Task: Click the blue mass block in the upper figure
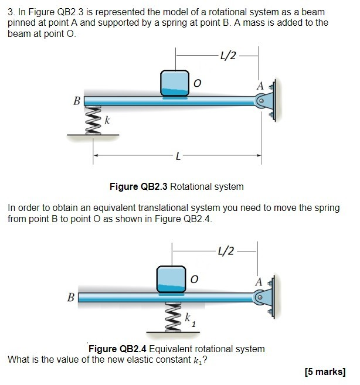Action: [x=175, y=83]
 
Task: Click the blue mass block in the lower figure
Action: [x=171, y=279]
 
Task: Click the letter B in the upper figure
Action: [x=76, y=101]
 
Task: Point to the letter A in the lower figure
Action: [x=259, y=282]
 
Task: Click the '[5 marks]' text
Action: [x=325, y=371]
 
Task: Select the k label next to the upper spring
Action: [x=107, y=120]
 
